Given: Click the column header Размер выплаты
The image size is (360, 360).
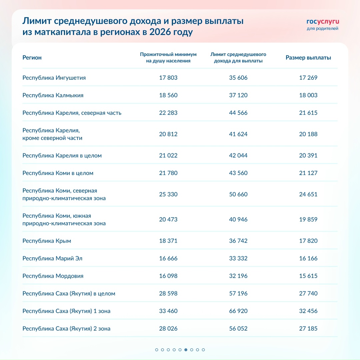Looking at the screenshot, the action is pos(308,58).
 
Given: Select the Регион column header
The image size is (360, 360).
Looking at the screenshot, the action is pos(32,58).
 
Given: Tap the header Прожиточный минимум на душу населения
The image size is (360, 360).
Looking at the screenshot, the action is pos(168,58).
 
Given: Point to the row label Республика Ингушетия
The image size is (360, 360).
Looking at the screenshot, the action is pos(54,78).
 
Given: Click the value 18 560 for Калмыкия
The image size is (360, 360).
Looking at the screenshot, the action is pos(168,95).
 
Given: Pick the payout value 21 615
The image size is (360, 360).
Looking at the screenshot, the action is pos(308,113).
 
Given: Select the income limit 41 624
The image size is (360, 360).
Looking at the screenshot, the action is pos(238,134).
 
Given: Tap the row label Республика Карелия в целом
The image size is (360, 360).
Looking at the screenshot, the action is pos(62,156).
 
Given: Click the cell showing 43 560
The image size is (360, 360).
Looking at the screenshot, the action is pos(238,173).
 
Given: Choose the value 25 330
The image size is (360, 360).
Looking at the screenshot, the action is pos(168,194).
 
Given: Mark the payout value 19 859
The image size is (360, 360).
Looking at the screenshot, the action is pos(308,219).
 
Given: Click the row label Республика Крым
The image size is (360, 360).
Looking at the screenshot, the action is pos(47,241).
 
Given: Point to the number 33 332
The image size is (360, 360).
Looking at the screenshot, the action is pos(238,258).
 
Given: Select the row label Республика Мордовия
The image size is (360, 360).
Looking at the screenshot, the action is pos(53,276).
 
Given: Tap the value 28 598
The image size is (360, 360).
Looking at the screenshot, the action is pos(168,294).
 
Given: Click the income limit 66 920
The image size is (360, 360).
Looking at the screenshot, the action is pos(238,311).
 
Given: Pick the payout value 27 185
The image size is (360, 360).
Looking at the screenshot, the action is pos(308,329).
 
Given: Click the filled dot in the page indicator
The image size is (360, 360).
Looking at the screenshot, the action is pos(186,350).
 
